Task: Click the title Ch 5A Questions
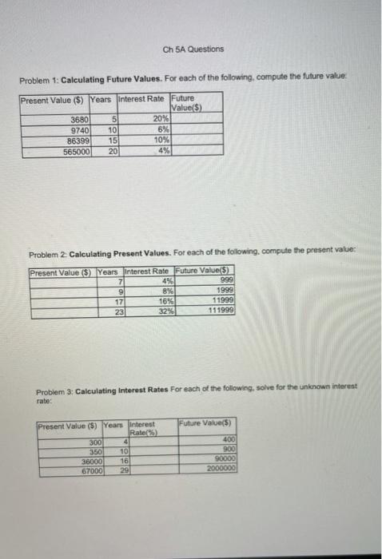(193, 49)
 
